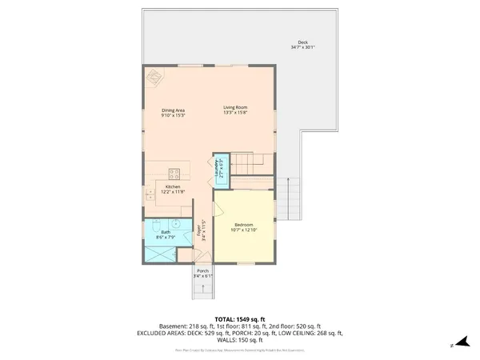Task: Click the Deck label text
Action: pos(302,42)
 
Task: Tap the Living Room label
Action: pos(234,106)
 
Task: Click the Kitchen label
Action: pos(173,187)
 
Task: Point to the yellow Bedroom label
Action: pos(244,225)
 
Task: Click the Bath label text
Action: pos(166,233)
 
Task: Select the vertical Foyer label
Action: pos(201,233)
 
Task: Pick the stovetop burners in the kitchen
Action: pos(174,174)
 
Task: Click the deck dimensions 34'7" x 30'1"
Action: pos(302,48)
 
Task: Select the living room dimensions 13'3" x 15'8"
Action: pos(234,112)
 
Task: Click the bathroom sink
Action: pos(181,224)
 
